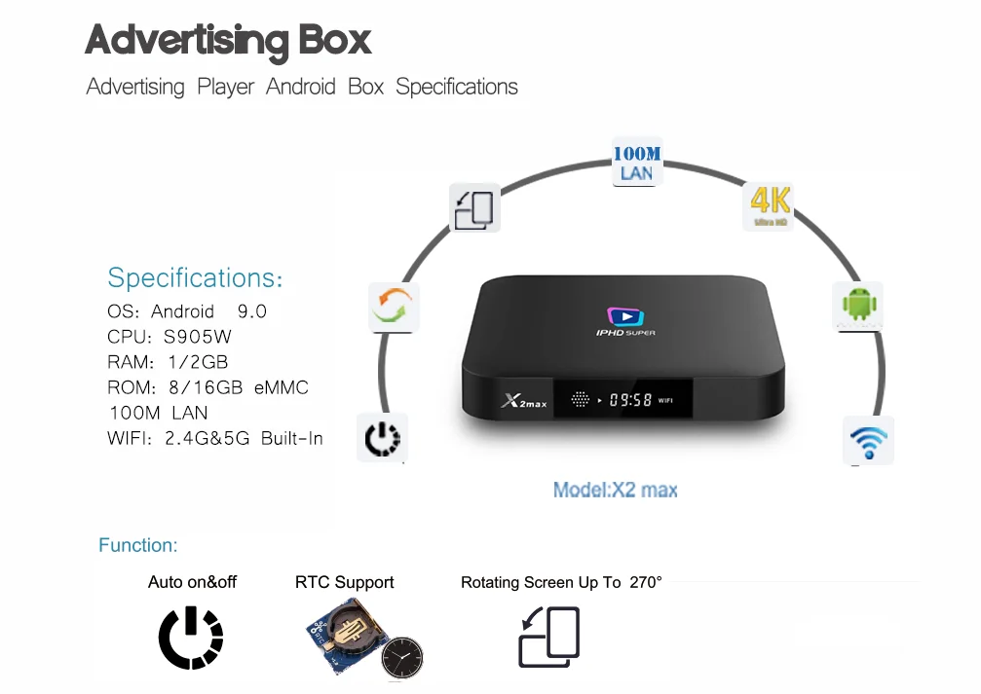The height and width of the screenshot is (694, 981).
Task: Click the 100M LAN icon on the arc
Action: click(x=636, y=163)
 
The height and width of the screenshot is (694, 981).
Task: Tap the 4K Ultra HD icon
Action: click(x=770, y=206)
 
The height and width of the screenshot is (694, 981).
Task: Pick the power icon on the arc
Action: click(x=382, y=439)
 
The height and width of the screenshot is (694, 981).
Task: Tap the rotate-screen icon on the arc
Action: click(x=474, y=208)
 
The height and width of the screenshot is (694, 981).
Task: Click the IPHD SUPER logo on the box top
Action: click(x=625, y=322)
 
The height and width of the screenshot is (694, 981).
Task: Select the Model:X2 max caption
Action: click(x=615, y=490)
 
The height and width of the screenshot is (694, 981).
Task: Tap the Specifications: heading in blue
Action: click(x=195, y=278)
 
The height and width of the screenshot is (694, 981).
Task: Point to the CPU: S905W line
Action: click(x=170, y=337)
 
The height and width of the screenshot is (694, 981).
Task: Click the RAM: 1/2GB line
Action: click(x=168, y=362)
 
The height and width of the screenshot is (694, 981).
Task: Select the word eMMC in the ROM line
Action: click(x=282, y=387)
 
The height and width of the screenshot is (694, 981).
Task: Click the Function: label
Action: click(x=137, y=545)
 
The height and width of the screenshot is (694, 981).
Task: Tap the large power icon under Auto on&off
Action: click(x=191, y=638)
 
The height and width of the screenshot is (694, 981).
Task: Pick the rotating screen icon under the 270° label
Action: click(x=549, y=638)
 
